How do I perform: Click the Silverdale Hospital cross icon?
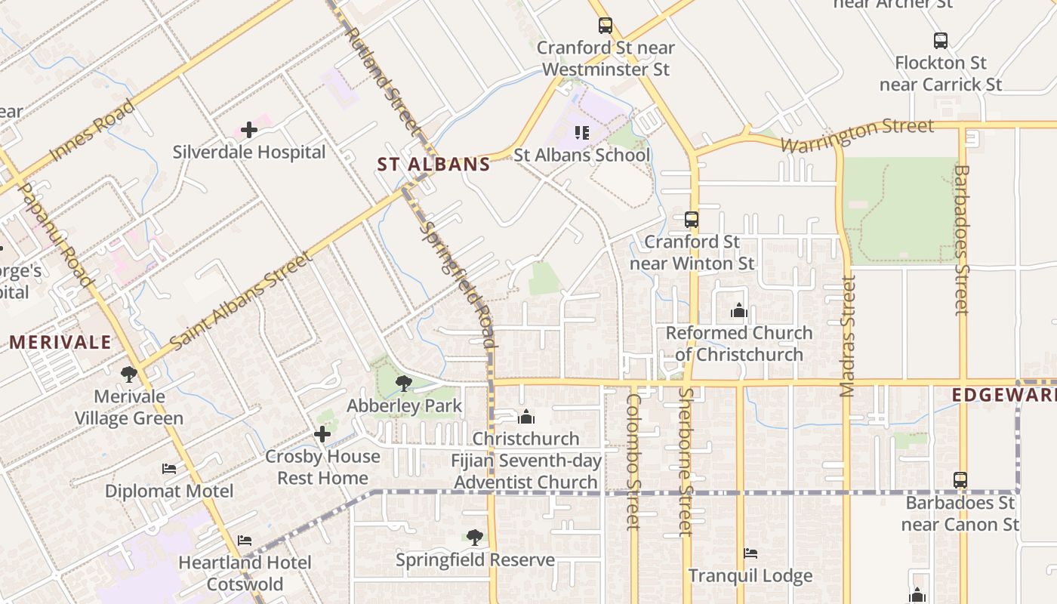coord(249,130)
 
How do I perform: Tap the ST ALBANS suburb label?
coord(433,165)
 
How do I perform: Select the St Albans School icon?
coord(581,133)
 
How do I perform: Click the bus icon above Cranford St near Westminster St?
coord(606,26)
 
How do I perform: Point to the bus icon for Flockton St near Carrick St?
coord(940,41)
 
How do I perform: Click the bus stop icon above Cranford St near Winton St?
coord(692,220)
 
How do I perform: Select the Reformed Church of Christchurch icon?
coord(738,310)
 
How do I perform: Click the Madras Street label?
coord(848,337)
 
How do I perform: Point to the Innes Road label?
coord(92,131)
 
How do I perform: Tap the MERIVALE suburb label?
coord(60,342)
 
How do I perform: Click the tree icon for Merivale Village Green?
coord(129,374)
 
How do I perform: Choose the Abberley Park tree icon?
coord(403,384)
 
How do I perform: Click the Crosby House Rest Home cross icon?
coord(322,434)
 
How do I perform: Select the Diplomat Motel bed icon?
coord(169,469)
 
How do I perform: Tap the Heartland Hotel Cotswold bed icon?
coord(245,541)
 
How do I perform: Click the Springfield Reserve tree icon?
coord(475,538)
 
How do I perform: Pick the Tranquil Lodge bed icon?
coord(750,553)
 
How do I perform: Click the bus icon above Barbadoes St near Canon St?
coord(960,480)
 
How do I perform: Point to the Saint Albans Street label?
coord(241,302)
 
